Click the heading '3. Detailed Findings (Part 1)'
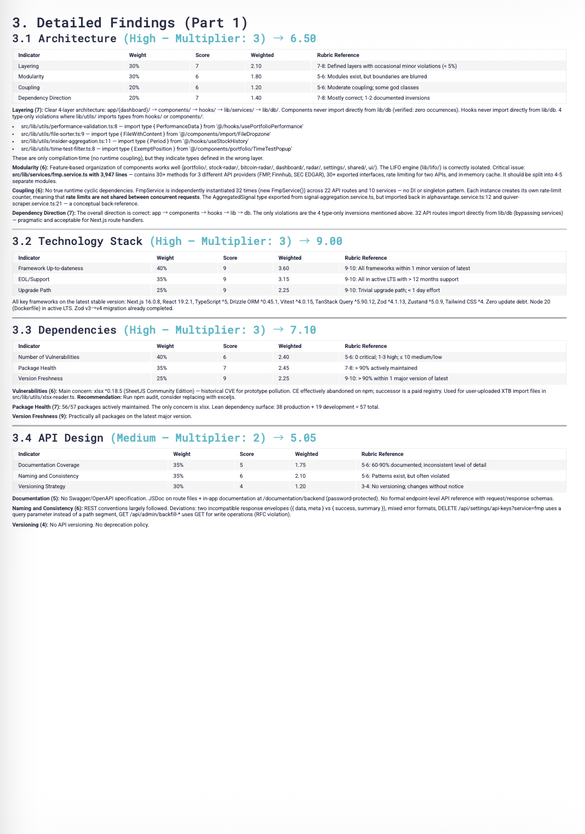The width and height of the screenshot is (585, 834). point(130,22)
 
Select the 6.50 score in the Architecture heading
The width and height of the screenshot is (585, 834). point(303,38)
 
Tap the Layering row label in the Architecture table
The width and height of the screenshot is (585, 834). point(28,66)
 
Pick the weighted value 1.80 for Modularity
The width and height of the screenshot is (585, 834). point(256,77)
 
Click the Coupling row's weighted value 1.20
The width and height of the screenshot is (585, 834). point(256,87)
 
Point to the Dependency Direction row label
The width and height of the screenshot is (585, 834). point(44,98)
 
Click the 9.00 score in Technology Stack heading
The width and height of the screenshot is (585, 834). point(329,241)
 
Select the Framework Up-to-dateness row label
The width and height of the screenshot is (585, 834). point(51,269)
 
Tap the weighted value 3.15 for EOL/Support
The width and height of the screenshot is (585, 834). point(284,279)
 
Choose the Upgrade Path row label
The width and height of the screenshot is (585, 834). point(35,290)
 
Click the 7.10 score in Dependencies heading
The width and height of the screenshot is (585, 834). point(303,330)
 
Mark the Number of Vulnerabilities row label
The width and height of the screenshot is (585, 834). point(49,357)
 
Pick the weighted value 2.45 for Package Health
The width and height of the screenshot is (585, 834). point(284,368)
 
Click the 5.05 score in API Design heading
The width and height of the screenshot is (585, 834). point(303,438)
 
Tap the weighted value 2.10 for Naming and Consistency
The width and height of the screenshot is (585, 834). point(300,476)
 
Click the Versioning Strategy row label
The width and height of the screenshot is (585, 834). point(42,487)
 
